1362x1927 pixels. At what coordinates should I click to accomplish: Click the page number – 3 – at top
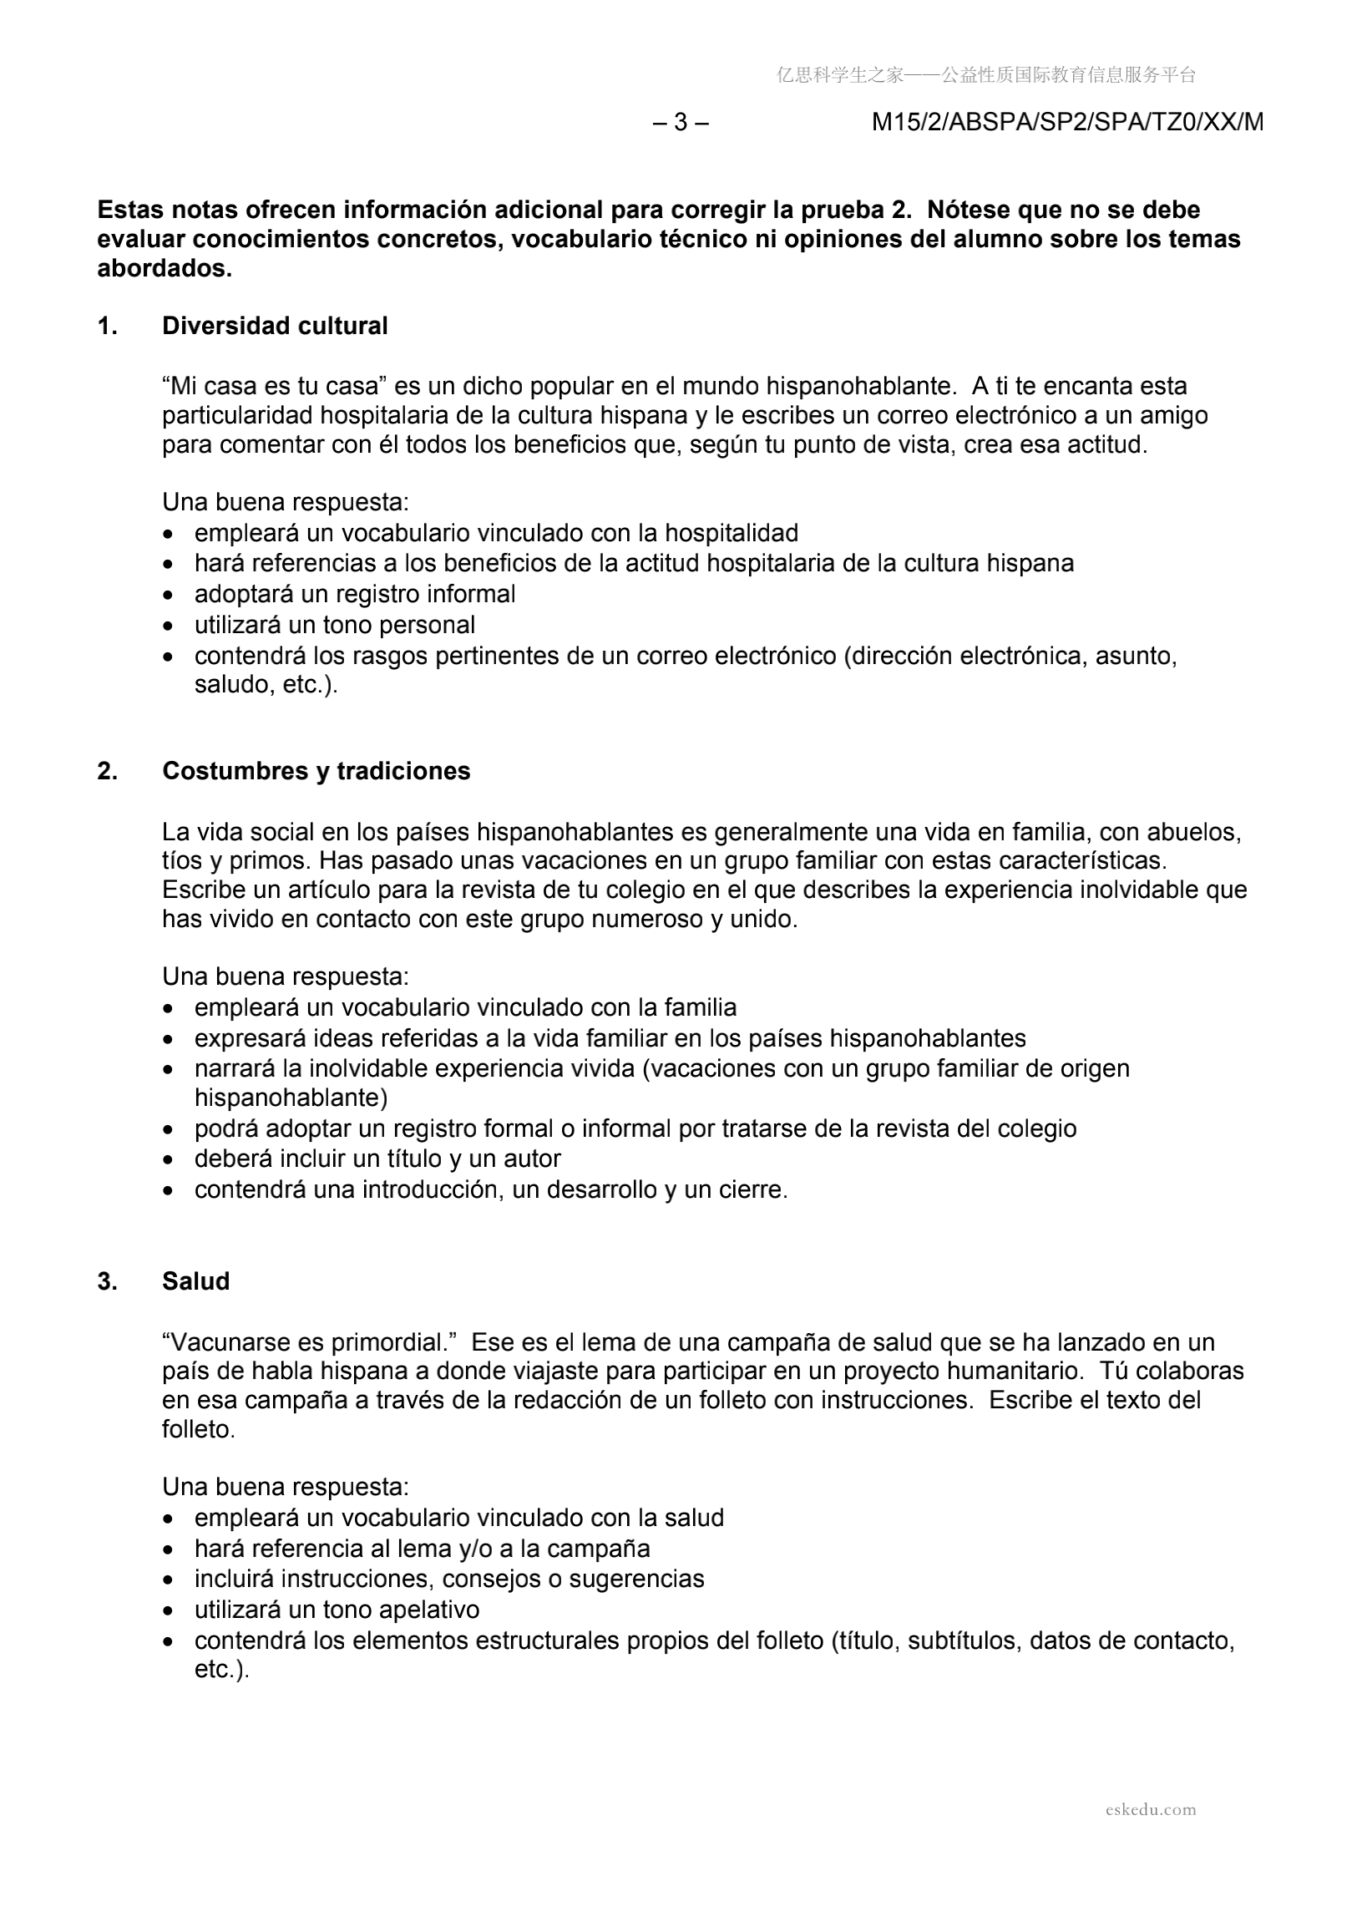[x=681, y=123]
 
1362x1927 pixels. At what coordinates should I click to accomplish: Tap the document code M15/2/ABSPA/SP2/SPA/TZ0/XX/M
[x=1067, y=123]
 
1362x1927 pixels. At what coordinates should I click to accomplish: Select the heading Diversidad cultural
[x=275, y=326]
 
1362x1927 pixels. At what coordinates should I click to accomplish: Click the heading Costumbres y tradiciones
[x=316, y=770]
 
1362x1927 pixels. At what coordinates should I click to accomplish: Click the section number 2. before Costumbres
[x=107, y=770]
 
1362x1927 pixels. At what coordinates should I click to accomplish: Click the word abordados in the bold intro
[x=165, y=269]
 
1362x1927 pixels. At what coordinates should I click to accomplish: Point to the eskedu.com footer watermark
[x=1150, y=1808]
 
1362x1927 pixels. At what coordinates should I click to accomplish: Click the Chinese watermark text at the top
[x=985, y=75]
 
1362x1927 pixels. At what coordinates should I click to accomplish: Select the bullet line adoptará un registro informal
[x=355, y=594]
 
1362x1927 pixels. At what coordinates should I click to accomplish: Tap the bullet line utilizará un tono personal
[x=335, y=626]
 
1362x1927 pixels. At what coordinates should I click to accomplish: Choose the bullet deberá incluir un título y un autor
[x=377, y=1159]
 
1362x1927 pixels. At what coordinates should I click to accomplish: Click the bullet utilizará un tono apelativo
[x=337, y=1609]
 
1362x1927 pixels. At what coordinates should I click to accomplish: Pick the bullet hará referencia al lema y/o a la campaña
[x=422, y=1548]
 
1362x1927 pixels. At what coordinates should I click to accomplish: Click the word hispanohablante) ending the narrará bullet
[x=291, y=1098]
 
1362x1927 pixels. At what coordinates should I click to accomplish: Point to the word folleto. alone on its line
[x=198, y=1429]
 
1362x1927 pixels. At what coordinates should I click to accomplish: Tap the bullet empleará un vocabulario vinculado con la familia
[x=466, y=1007]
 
